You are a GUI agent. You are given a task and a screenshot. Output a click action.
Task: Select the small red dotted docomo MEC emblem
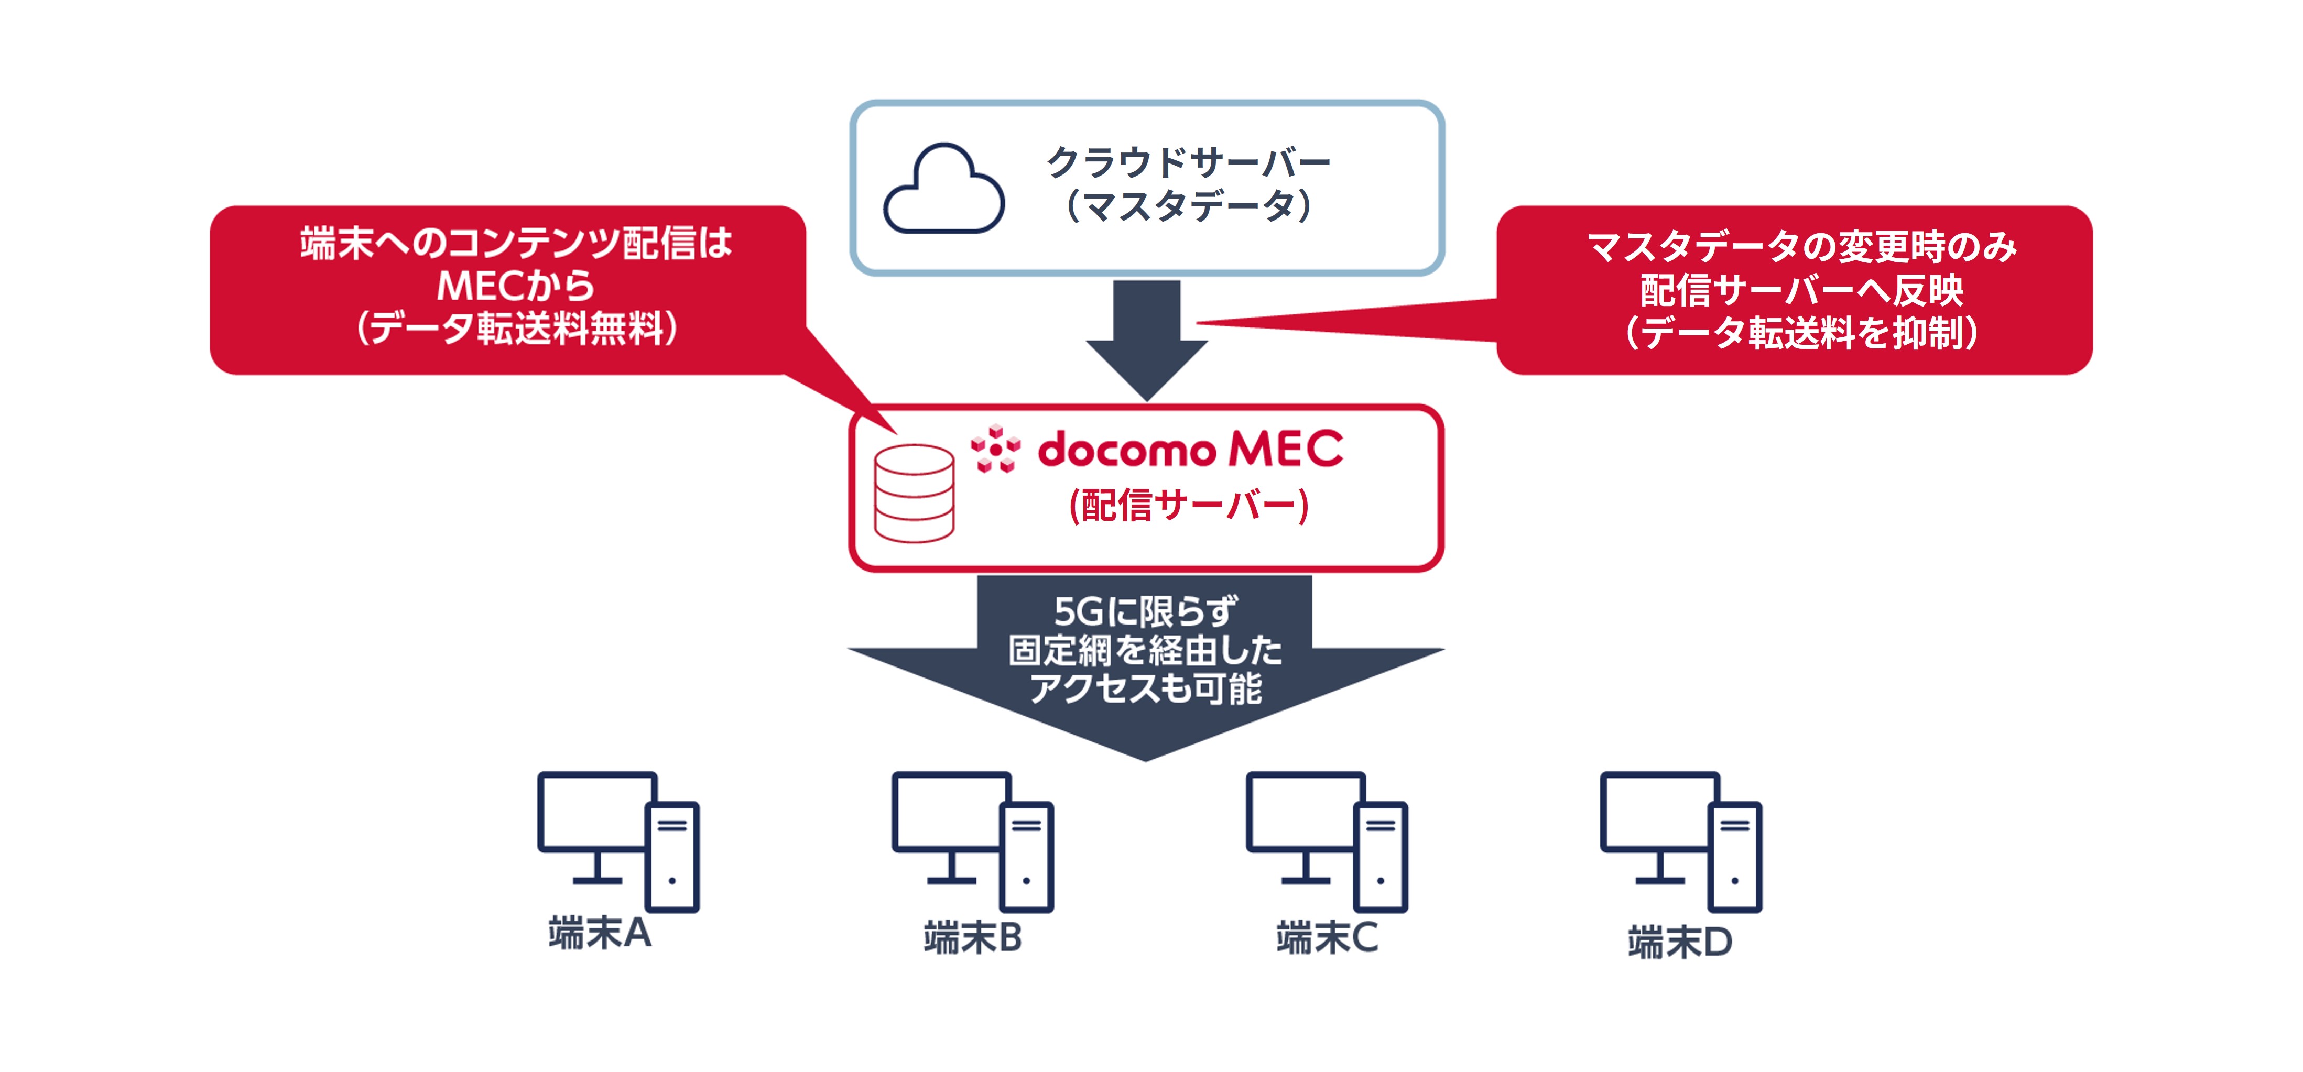(995, 449)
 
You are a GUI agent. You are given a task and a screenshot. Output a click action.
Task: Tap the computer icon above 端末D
(1681, 840)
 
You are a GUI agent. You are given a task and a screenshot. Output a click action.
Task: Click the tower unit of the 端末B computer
(1026, 857)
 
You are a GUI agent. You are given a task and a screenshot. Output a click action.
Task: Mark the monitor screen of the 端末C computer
(1303, 812)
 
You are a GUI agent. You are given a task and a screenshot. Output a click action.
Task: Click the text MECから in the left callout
(516, 286)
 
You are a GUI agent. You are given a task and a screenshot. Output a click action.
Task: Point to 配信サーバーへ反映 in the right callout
(1801, 290)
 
